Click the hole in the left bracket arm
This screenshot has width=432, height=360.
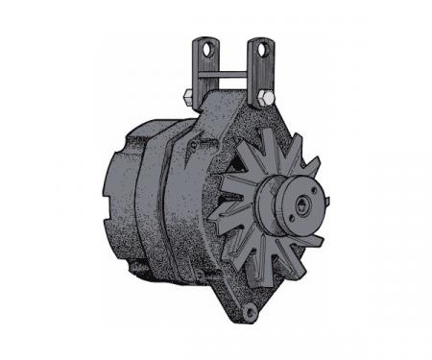point(204,45)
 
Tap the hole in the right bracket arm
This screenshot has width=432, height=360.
point(257,45)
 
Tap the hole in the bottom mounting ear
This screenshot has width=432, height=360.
point(252,309)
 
